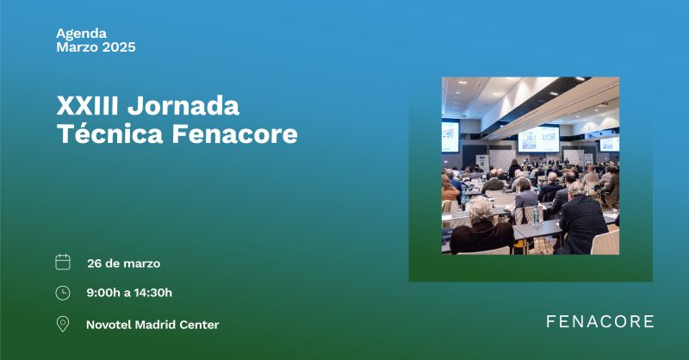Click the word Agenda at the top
81,34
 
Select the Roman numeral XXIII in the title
88,106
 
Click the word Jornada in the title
183,106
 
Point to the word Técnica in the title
110,133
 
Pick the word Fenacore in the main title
234,133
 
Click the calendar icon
63,262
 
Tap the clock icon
63,293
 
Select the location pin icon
63,324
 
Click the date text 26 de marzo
123,264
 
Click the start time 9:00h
103,293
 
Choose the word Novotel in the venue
109,325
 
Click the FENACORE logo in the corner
599,321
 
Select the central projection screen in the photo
538,139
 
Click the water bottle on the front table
536,215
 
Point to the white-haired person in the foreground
481,226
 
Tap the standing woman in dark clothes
513,169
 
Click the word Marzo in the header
76,47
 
